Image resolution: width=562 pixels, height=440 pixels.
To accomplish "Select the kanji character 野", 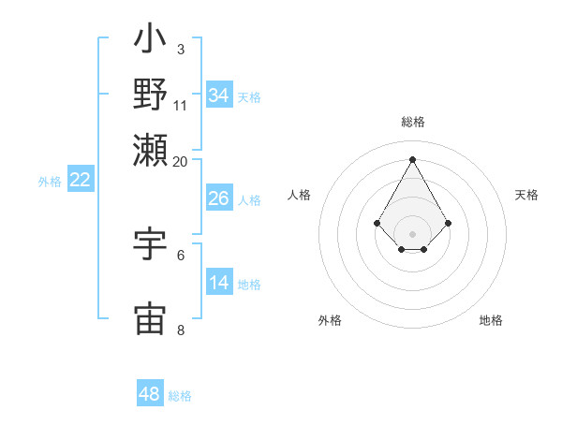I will click(x=151, y=94).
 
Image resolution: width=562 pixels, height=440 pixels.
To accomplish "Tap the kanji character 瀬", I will click(x=151, y=148).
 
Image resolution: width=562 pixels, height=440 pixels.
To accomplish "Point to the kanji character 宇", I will click(x=151, y=243).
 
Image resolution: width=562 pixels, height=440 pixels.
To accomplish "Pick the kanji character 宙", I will click(x=151, y=318).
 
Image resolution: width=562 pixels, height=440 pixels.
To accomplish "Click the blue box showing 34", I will click(x=219, y=95).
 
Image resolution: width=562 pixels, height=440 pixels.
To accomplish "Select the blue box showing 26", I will click(x=218, y=198).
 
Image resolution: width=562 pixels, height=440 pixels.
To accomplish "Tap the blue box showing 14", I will click(x=218, y=283).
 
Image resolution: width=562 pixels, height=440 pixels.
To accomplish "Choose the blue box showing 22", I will click(x=80, y=181).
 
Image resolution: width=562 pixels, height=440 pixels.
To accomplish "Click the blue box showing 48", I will click(x=150, y=394).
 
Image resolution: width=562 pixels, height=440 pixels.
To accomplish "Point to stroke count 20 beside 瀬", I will click(x=181, y=161).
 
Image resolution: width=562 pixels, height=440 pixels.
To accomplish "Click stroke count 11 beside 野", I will click(x=181, y=105).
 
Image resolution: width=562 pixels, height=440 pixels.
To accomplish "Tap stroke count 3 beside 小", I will click(x=180, y=49).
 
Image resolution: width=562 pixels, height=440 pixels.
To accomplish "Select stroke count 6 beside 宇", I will click(x=181, y=255).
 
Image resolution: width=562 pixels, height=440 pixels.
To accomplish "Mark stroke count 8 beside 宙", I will click(x=181, y=330).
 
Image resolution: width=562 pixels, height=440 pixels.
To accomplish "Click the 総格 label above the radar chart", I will click(x=413, y=122).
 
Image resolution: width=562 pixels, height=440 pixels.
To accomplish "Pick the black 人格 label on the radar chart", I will click(x=300, y=195).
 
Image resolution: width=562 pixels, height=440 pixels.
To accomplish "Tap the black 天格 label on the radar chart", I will click(x=526, y=195).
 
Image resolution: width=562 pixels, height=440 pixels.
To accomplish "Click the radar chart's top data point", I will click(x=413, y=158).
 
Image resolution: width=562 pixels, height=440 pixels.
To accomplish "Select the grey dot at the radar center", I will click(x=413, y=234).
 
